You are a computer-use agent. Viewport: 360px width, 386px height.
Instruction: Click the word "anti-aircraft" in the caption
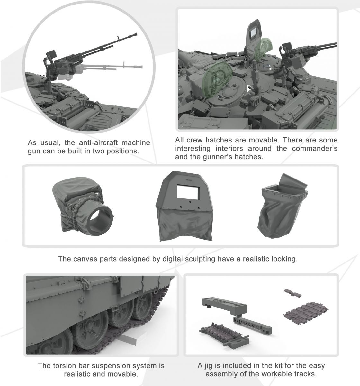98,142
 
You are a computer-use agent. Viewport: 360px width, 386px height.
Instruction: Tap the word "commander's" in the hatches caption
315,148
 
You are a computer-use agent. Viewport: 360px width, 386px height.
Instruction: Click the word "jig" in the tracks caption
208,366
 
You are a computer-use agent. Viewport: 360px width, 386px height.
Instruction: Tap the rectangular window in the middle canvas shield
188,192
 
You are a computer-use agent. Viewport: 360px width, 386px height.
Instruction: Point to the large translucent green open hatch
217,80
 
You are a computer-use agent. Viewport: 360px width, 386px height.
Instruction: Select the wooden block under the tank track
130,338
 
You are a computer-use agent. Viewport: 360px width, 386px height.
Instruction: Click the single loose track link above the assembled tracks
292,293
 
